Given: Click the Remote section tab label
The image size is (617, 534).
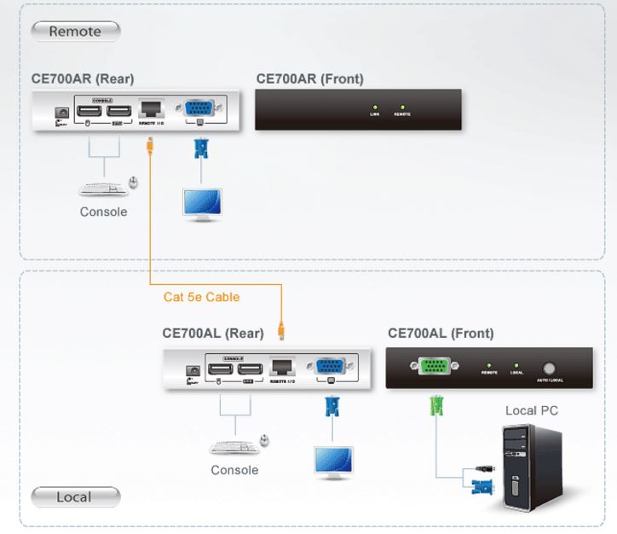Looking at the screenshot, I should click(x=75, y=32).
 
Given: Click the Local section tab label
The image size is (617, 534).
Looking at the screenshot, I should click(x=74, y=496).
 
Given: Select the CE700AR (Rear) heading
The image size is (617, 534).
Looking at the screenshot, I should click(x=83, y=79).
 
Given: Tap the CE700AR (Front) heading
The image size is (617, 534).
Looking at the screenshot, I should click(x=310, y=79).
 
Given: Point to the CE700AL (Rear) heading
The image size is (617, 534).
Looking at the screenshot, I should click(x=213, y=334).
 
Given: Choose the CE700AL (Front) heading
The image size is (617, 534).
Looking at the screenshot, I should click(x=441, y=334).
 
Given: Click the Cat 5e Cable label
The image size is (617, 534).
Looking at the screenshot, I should click(x=202, y=298).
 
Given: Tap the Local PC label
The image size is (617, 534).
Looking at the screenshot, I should click(x=532, y=411).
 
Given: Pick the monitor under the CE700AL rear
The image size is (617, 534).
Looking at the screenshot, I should click(x=332, y=461).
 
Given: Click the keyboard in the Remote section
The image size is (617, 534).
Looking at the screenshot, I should click(x=101, y=186).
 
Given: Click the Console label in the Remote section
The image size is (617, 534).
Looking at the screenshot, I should click(x=104, y=212).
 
